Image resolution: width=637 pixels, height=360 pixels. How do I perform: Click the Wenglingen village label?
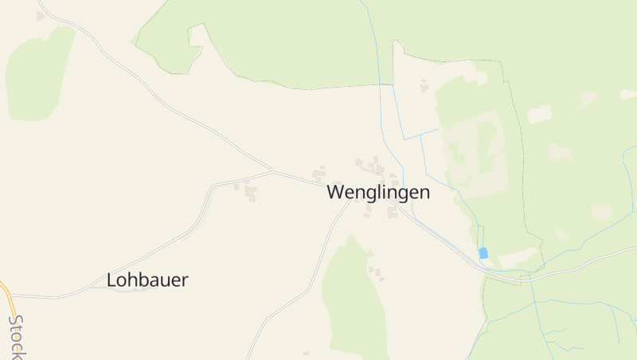tap(378, 193)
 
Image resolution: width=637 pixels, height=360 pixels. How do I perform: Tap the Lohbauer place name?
tap(147, 280)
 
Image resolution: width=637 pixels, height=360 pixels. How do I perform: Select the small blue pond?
tap(483, 253)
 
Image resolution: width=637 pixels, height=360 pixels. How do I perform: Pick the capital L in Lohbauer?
tap(111, 280)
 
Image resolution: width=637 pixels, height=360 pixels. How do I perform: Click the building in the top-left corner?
tap(40, 16)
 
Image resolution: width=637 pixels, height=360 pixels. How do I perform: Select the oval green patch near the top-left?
tap(36, 76)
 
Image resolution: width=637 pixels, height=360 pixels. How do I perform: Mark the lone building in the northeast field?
tap(424, 85)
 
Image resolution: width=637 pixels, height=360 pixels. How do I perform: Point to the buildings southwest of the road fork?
tap(248, 191)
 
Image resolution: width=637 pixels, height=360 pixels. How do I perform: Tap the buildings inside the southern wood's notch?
tap(375, 272)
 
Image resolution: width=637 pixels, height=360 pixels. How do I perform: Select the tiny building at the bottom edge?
tap(306, 353)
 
